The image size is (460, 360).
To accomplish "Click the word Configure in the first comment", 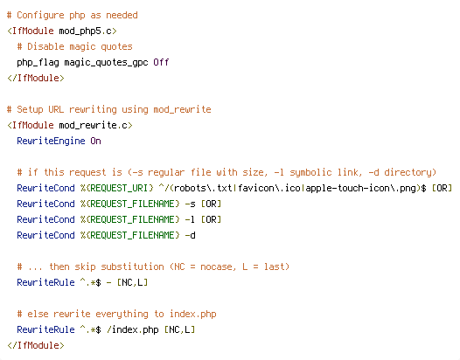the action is click(x=40, y=15).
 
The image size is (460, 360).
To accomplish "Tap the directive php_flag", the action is click(x=38, y=62).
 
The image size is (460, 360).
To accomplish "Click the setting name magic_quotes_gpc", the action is click(x=106, y=62).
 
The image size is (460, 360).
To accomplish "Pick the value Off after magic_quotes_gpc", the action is click(x=161, y=62).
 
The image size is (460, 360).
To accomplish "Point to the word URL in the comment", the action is click(x=56, y=109).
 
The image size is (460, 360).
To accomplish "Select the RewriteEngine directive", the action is click(x=51, y=141).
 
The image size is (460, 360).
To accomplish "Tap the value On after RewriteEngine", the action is click(x=95, y=141).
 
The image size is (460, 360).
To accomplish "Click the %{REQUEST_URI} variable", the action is click(x=117, y=188).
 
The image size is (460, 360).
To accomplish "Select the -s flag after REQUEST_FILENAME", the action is click(x=191, y=204).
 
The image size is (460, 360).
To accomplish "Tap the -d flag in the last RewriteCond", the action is click(x=191, y=235).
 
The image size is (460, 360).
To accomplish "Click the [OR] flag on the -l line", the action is click(x=212, y=219).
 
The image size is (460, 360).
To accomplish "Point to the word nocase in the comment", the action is click(x=217, y=267).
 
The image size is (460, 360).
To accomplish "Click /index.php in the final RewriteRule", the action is click(x=133, y=329).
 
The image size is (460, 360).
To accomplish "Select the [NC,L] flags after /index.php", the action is click(x=180, y=329).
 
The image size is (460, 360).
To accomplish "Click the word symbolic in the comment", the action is click(x=310, y=172).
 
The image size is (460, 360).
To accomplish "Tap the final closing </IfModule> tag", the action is click(x=36, y=345).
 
